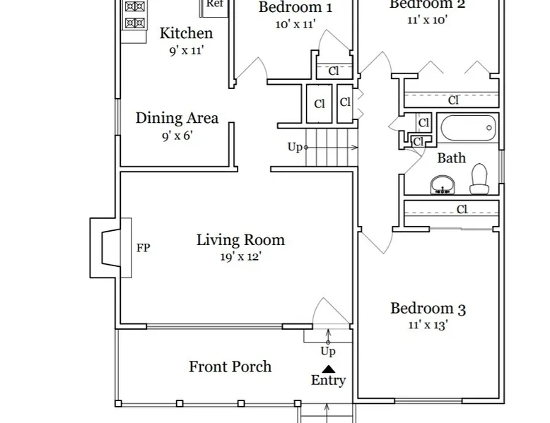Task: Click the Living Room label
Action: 240,240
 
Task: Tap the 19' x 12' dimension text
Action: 240,257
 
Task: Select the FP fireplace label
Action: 143,248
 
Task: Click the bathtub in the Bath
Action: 468,128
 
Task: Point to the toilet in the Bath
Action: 480,179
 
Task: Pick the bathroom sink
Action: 443,185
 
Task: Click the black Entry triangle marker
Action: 328,369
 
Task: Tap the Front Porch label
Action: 230,367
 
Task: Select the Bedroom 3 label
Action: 428,309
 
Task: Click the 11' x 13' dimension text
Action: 428,325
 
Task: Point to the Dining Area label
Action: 177,118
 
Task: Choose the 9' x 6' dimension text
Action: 177,136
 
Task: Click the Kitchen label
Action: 186,33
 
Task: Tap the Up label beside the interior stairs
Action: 295,147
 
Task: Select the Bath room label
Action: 452,158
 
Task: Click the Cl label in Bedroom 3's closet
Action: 462,210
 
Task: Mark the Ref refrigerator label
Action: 215,4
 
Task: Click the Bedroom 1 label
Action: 296,7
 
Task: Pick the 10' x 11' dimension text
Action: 296,24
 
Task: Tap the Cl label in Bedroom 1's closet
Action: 334,71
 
